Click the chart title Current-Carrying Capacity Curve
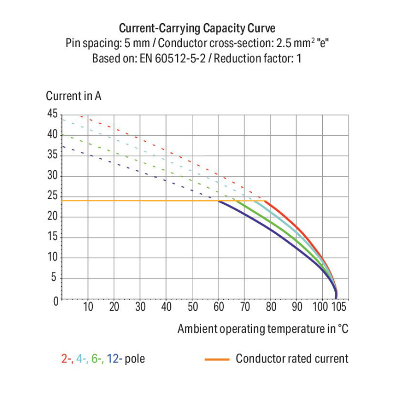[196, 28]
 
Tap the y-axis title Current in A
[73, 96]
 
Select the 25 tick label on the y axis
[52, 196]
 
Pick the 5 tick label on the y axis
[55, 279]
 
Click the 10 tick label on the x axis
[88, 308]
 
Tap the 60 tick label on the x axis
[219, 308]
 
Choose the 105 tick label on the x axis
[339, 308]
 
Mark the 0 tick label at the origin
[55, 300]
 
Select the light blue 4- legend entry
[81, 359]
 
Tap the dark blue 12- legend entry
[114, 359]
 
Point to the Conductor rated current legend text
[292, 359]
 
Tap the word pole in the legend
[135, 359]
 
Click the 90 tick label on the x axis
[297, 308]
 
